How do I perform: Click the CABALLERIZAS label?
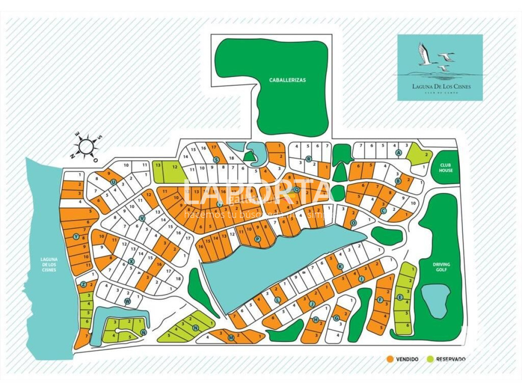point(287,80)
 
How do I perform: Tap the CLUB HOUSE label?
point(445,168)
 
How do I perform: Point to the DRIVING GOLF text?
point(441,267)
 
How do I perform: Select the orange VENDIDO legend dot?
point(390,359)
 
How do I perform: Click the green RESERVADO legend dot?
point(430,359)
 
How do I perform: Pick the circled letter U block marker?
point(114,182)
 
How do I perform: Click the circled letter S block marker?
point(215,160)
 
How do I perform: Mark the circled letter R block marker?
point(308,159)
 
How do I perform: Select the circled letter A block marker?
point(398,153)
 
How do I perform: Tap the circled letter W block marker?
point(127,301)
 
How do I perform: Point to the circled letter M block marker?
point(231,338)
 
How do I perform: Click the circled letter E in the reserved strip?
point(400,297)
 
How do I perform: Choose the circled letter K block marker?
point(340,267)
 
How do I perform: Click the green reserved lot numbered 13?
point(158,166)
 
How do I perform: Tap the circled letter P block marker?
point(257,239)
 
